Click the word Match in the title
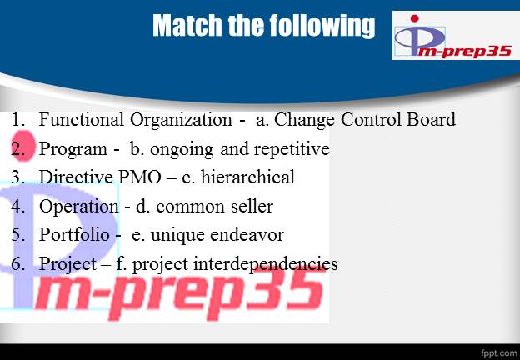(187, 25)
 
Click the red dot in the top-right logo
(414, 18)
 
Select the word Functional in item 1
(82, 119)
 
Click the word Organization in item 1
(181, 120)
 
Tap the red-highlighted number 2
(17, 149)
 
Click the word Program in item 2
(73, 149)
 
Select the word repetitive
(292, 149)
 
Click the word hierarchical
(247, 177)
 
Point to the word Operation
(78, 207)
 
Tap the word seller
(252, 207)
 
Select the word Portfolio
(74, 235)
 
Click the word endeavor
(247, 235)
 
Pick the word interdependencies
(266, 264)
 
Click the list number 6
(17, 264)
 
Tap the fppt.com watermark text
(498, 352)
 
